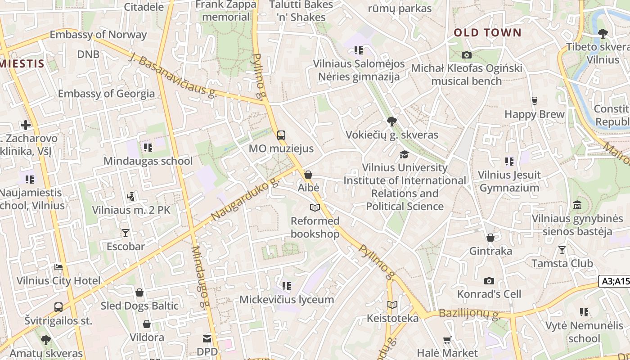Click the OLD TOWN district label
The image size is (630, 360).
click(487, 32)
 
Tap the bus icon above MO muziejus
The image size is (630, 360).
click(281, 135)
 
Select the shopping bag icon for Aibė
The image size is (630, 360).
click(308, 175)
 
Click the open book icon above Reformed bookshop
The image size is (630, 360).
click(315, 207)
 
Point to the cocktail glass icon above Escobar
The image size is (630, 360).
click(126, 233)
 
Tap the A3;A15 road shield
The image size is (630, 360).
click(615, 281)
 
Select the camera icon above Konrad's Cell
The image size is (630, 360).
click(489, 281)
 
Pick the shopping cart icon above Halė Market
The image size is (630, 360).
click(447, 340)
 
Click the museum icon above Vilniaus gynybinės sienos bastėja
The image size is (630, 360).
click(577, 205)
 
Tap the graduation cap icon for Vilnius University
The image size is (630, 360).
click(404, 154)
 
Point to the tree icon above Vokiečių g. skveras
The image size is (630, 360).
click(391, 121)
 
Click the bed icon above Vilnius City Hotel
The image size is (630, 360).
click(58, 267)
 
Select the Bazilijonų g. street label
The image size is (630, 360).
click(469, 314)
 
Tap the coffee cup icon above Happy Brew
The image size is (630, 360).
click(535, 101)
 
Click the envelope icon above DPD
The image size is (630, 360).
click(207, 338)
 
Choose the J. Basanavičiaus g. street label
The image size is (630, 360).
click(173, 75)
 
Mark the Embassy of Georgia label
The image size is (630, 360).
click(106, 94)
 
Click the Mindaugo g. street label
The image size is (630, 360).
click(201, 277)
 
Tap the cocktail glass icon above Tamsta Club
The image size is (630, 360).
click(562, 250)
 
